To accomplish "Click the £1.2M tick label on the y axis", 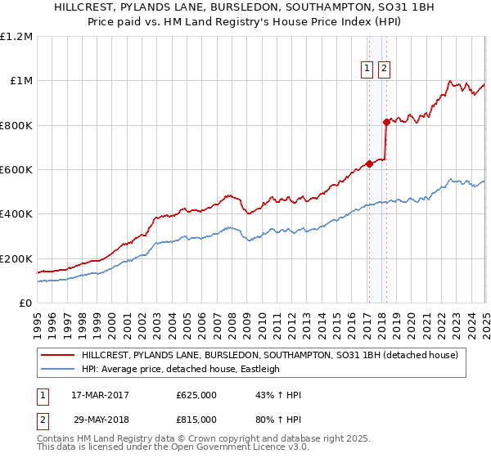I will pyautogui.click(x=17, y=36).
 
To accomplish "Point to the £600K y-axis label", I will pyautogui.click(x=16, y=169).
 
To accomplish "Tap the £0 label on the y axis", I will pyautogui.click(x=26, y=303).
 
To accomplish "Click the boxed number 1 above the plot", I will pyautogui.click(x=367, y=70).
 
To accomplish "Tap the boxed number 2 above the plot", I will pyautogui.click(x=385, y=70).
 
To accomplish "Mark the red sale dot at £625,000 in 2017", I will pyautogui.click(x=369, y=164).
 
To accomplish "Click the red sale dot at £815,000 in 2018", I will pyautogui.click(x=386, y=122).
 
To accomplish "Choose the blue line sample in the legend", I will pyautogui.click(x=57, y=369).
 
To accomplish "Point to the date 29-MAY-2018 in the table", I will pyautogui.click(x=101, y=419).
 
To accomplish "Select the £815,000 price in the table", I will pyautogui.click(x=196, y=419).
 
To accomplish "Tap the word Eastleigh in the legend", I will pyautogui.click(x=257, y=369).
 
